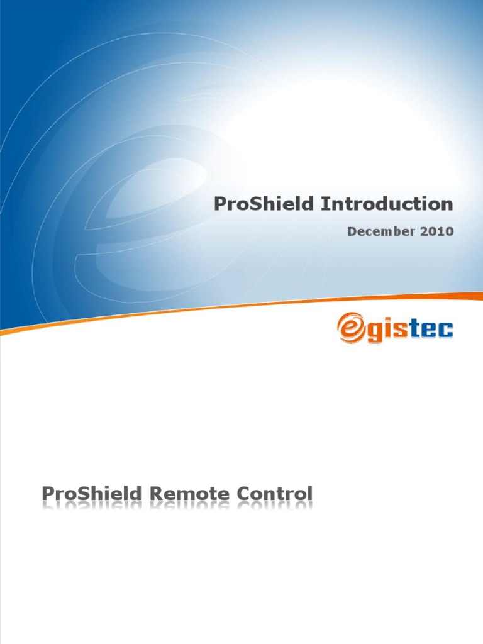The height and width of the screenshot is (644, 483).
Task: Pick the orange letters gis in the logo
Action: pyautogui.click(x=387, y=330)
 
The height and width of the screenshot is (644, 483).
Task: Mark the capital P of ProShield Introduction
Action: pyautogui.click(x=220, y=204)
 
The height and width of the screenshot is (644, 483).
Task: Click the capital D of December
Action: pyautogui.click(x=352, y=231)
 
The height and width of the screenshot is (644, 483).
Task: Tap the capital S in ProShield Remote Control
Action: pyautogui.click(x=83, y=494)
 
